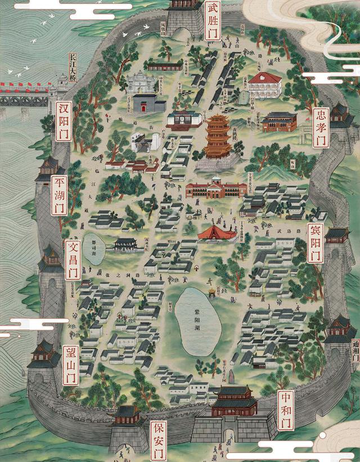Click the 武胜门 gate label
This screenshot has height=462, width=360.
pyautogui.click(x=213, y=21)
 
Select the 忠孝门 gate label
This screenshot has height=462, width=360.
pyautogui.click(x=321, y=128)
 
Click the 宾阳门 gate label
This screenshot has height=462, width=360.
pyautogui.click(x=315, y=242)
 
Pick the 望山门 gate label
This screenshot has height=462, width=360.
pyautogui.click(x=71, y=365)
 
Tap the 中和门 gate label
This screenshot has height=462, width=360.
pyautogui.click(x=286, y=410)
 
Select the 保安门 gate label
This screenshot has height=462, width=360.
pyautogui.click(x=159, y=440)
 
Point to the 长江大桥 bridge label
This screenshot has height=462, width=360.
pyautogui.click(x=71, y=67)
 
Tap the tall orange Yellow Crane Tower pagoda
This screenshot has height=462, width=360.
pyautogui.click(x=218, y=137)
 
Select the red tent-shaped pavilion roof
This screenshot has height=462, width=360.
pyautogui.click(x=217, y=231)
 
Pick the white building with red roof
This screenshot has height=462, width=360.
pyautogui.click(x=264, y=84)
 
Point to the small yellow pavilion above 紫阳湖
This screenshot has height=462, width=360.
pyautogui.click(x=212, y=292)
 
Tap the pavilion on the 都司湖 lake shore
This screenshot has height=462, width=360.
pyautogui.click(x=124, y=244)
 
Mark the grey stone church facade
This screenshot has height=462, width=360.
pyautogui.click(x=141, y=84)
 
